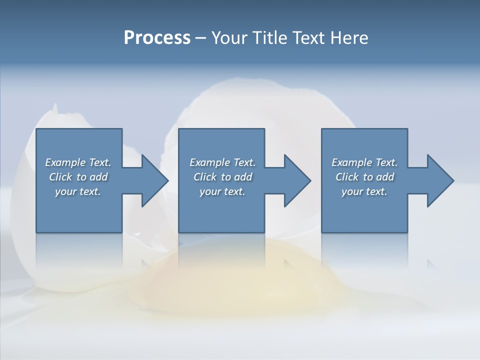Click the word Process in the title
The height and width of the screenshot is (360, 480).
click(x=157, y=38)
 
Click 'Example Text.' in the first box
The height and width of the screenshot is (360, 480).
click(x=78, y=162)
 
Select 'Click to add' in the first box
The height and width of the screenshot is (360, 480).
click(x=78, y=177)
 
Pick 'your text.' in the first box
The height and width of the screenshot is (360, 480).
click(x=78, y=191)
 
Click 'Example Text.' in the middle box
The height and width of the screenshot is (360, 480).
click(x=222, y=162)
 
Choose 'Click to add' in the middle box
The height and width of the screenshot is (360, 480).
click(x=222, y=177)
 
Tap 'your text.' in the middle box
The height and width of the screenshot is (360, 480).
click(x=222, y=191)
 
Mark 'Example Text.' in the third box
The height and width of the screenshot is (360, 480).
click(x=364, y=162)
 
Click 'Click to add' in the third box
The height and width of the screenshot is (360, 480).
click(x=364, y=177)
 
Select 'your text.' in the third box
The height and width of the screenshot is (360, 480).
click(x=364, y=191)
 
